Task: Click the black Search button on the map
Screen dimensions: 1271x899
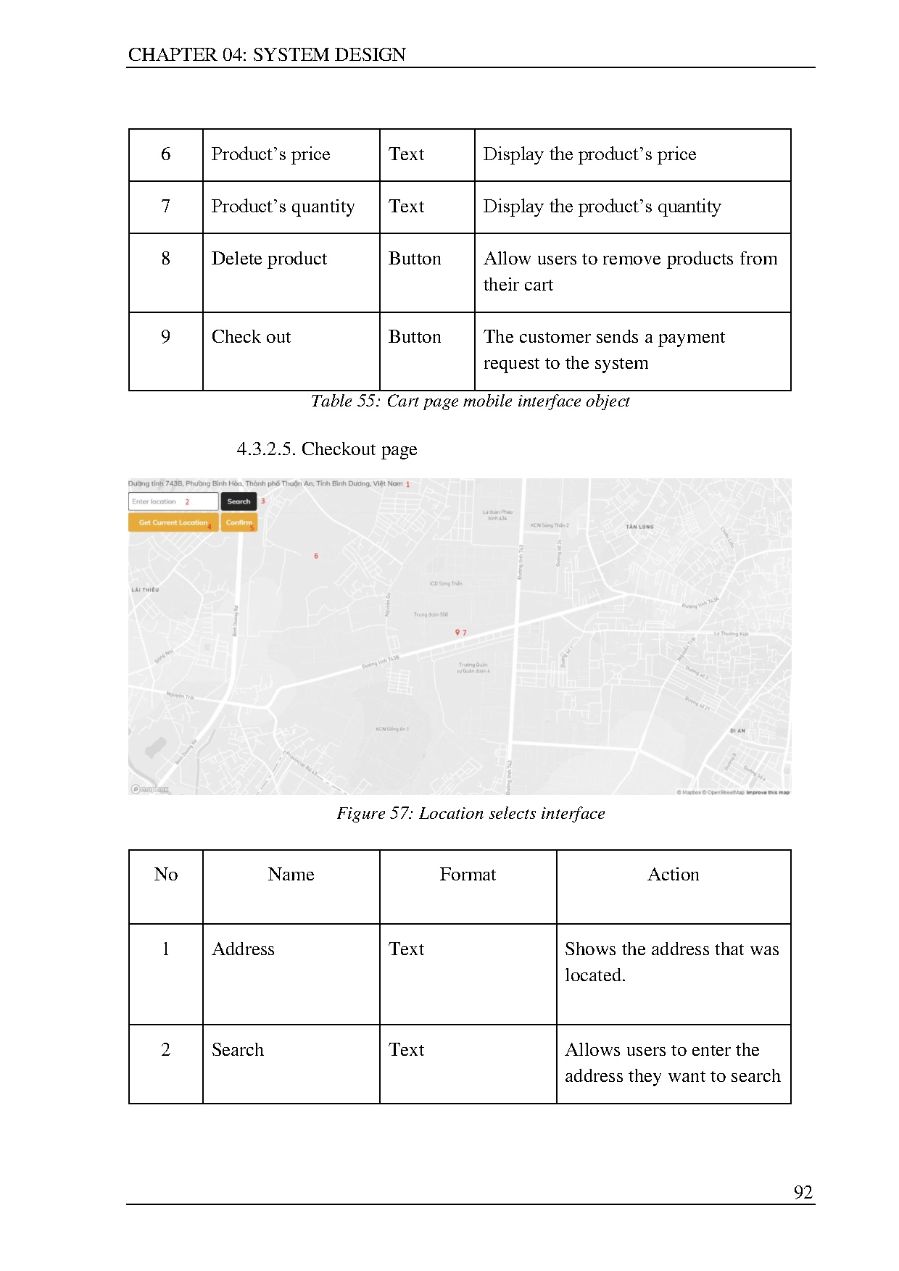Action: (239, 501)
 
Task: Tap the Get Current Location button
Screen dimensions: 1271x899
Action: (173, 522)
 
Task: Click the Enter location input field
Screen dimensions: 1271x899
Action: (173, 501)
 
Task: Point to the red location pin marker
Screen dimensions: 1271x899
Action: (457, 633)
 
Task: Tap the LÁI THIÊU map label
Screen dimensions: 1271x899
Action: (145, 590)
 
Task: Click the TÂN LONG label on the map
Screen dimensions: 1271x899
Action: (639, 527)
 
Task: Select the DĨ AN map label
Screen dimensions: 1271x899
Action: (737, 730)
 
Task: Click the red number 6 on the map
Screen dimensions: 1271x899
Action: (316, 556)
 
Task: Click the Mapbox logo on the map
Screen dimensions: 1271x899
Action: (149, 789)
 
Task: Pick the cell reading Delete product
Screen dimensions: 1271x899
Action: (269, 259)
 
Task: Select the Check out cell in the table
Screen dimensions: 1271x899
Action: (251, 337)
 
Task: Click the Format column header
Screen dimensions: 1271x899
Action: (468, 875)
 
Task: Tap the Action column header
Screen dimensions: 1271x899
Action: (673, 875)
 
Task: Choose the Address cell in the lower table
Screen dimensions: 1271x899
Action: (243, 949)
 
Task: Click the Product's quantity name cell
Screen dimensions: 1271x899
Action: (283, 207)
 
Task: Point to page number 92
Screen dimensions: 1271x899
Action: (803, 1192)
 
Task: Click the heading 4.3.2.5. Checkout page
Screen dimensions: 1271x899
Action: (326, 449)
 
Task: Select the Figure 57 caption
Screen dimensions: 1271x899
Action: (471, 813)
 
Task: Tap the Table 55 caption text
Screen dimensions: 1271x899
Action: (470, 401)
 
